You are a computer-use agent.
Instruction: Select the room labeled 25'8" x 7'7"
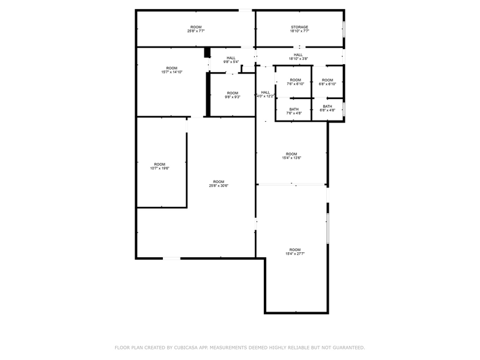[196, 29]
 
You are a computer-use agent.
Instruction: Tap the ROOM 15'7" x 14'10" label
[171, 70]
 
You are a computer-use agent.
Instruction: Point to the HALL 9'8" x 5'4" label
[231, 60]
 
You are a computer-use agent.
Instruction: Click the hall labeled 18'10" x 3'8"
[298, 57]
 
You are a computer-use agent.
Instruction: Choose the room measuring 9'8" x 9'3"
[232, 95]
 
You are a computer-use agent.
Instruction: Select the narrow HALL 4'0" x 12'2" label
[265, 94]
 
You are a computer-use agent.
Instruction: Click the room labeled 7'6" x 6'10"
[295, 82]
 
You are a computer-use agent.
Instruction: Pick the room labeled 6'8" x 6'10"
[328, 82]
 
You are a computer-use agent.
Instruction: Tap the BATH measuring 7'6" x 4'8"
[294, 111]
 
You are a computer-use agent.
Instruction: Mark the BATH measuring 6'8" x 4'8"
[328, 108]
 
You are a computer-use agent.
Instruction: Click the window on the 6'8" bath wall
[343, 108]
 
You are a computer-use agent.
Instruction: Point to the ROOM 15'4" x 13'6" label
[291, 156]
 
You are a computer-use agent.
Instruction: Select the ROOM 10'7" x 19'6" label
[160, 166]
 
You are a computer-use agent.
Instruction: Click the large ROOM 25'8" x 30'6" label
[219, 184]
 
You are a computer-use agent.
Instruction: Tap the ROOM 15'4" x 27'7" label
[295, 251]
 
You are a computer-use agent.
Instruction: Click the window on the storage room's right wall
[343, 29]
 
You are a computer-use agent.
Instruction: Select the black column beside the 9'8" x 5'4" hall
[207, 53]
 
